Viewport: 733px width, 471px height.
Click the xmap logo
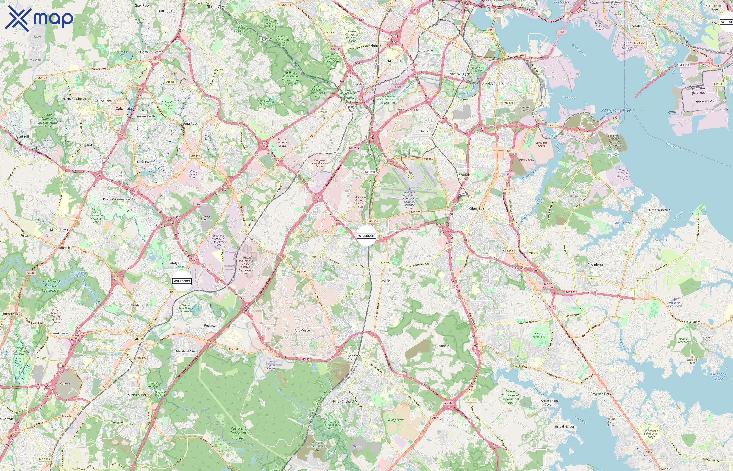coord(39,19)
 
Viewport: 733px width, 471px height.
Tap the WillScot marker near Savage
coord(182,281)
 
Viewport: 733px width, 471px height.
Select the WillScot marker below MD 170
coord(366,236)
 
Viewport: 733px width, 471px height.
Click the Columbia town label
coord(124,109)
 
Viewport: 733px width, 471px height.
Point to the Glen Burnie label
coord(479,208)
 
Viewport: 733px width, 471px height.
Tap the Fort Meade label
coord(302,330)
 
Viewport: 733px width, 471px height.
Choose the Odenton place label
coord(353,356)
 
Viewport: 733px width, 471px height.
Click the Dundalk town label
coord(634,26)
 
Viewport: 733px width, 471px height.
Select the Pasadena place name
coord(595,265)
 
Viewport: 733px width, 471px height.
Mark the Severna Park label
coord(601,394)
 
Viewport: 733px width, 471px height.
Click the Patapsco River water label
coord(617,110)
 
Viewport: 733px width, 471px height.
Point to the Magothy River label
coord(718,377)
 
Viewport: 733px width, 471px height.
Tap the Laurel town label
coord(138,339)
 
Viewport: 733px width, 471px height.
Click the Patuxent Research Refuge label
coord(238,433)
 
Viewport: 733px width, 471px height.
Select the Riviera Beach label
coord(660,210)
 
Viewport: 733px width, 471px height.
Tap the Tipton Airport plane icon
coord(271,362)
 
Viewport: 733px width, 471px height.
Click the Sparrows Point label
coord(706,101)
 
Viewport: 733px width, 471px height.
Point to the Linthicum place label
coord(426,132)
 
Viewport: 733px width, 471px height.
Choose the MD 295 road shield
coord(354,148)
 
